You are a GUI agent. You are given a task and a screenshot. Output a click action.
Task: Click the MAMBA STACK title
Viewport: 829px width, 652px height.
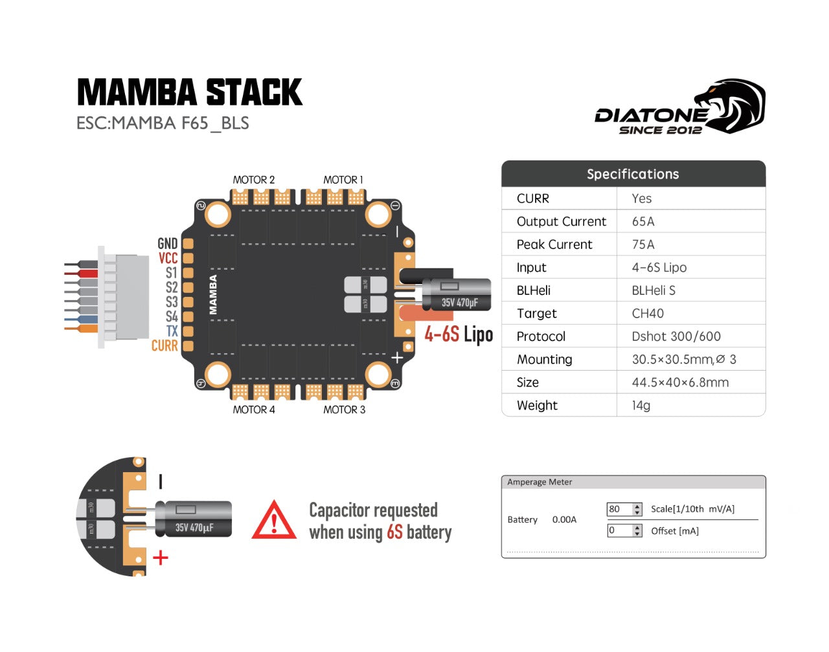[189, 92]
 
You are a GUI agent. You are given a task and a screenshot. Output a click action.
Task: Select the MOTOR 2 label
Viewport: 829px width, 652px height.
[254, 180]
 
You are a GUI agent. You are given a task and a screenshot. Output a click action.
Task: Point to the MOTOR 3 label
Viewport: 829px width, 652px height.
[344, 409]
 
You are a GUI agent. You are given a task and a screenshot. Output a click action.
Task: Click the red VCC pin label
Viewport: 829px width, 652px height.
[168, 258]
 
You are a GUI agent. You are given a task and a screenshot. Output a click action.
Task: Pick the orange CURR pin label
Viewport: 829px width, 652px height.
[165, 346]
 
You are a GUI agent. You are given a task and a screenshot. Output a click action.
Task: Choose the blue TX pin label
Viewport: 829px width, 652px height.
[172, 331]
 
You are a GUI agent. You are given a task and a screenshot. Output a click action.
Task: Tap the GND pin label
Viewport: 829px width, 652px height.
[167, 243]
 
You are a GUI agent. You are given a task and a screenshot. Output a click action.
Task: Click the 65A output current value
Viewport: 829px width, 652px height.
[643, 221]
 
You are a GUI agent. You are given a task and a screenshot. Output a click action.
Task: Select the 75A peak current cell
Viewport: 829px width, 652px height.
[643, 244]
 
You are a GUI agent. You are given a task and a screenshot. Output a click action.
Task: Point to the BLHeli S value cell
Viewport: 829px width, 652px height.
[653, 290]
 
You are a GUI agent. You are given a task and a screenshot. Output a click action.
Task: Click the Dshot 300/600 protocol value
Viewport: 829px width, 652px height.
[676, 336]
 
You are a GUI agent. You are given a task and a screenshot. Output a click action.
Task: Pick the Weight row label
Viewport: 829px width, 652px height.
[537, 406]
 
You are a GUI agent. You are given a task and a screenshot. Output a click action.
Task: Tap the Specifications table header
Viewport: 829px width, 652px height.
[633, 174]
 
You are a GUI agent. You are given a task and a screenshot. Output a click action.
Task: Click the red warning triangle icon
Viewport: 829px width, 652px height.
[274, 521]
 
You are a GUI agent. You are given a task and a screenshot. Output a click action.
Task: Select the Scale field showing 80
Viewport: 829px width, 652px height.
[619, 509]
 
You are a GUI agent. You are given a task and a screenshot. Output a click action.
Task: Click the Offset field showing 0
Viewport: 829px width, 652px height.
[619, 530]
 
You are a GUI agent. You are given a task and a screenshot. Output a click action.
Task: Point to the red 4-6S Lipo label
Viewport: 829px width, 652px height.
[459, 334]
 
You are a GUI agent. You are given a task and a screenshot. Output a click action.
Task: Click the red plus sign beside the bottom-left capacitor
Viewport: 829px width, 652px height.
[160, 558]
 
